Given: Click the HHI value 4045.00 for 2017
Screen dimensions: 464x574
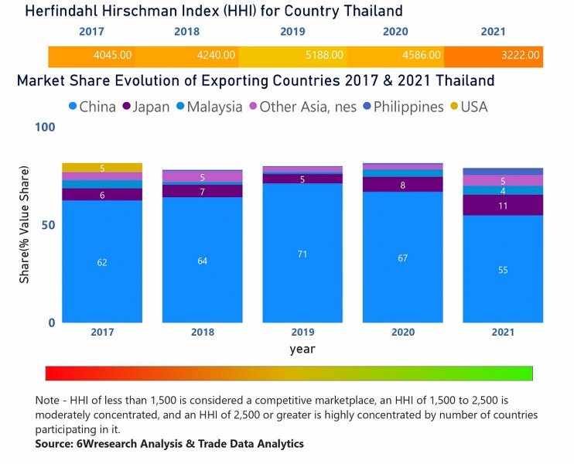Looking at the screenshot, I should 111,56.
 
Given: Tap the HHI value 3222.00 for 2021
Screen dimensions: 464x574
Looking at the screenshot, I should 519,56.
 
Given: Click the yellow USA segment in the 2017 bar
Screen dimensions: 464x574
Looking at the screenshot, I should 102,168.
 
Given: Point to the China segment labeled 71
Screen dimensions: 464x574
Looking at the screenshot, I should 302,253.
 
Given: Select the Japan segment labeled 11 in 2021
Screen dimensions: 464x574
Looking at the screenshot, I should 503,206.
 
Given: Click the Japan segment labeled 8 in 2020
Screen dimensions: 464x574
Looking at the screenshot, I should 402,185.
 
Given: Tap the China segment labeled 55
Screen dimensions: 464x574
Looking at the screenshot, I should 503,269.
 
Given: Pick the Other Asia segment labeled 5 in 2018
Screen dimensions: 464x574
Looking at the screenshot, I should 202,177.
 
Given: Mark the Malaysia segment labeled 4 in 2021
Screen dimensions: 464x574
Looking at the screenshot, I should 503,190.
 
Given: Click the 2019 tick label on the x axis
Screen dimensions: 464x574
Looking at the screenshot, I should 302,333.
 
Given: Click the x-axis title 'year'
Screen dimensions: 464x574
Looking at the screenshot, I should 302,349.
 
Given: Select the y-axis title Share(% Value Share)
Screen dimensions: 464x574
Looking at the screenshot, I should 25,224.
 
